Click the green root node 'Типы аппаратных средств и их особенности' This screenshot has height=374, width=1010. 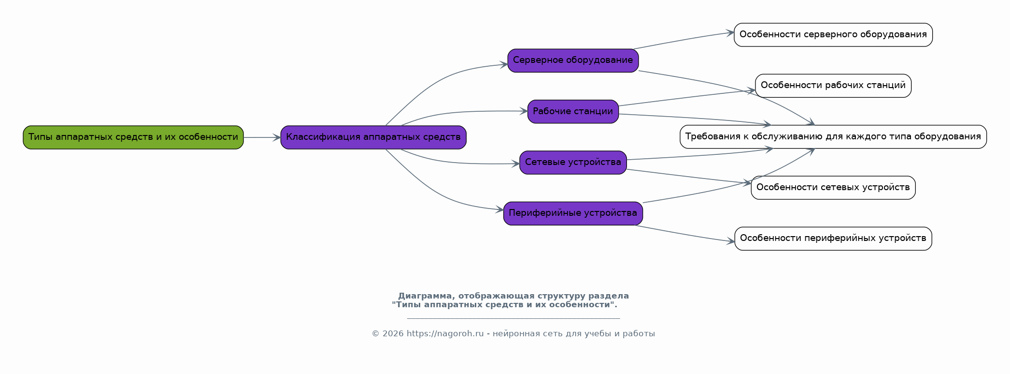[x=133, y=137]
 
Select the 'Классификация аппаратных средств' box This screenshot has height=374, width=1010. [x=373, y=137]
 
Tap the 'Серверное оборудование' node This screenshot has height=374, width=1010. [x=573, y=60]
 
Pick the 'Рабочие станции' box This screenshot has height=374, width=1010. [x=573, y=112]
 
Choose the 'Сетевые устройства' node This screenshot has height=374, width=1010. [x=573, y=163]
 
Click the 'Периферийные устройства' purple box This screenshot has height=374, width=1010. [x=573, y=213]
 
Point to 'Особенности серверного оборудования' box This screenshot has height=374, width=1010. [x=833, y=35]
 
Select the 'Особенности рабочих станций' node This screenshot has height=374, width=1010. [x=833, y=86]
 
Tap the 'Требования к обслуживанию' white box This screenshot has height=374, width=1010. [x=833, y=137]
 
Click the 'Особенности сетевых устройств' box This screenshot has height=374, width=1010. [x=833, y=188]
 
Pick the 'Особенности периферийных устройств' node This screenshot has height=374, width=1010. [x=833, y=239]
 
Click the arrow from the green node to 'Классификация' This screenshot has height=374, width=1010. [x=262, y=137]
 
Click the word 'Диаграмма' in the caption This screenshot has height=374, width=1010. [x=426, y=296]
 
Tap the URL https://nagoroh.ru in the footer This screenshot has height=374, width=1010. [x=445, y=334]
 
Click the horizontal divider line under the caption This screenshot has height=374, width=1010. [x=513, y=318]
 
